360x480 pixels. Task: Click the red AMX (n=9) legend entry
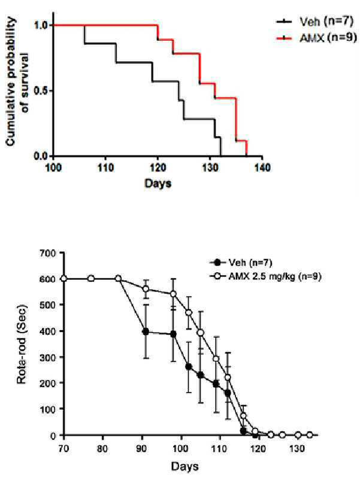point(316,38)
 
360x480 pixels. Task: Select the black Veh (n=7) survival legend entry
point(315,22)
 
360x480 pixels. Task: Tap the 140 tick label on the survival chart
point(262,167)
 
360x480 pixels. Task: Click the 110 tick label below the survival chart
point(105,167)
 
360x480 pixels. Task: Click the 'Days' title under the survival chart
point(158,183)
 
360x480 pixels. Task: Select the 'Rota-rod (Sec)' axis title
point(22,345)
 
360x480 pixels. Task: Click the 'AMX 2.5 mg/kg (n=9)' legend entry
point(266,276)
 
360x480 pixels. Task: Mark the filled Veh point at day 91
point(146,331)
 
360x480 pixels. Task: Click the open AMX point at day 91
point(146,289)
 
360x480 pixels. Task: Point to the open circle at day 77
point(91,279)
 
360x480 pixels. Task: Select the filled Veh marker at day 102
point(189,367)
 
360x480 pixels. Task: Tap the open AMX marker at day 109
point(216,359)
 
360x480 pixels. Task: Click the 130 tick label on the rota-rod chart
point(297,448)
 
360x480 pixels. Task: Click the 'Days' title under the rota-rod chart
point(184,466)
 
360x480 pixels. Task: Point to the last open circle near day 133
point(310,434)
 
